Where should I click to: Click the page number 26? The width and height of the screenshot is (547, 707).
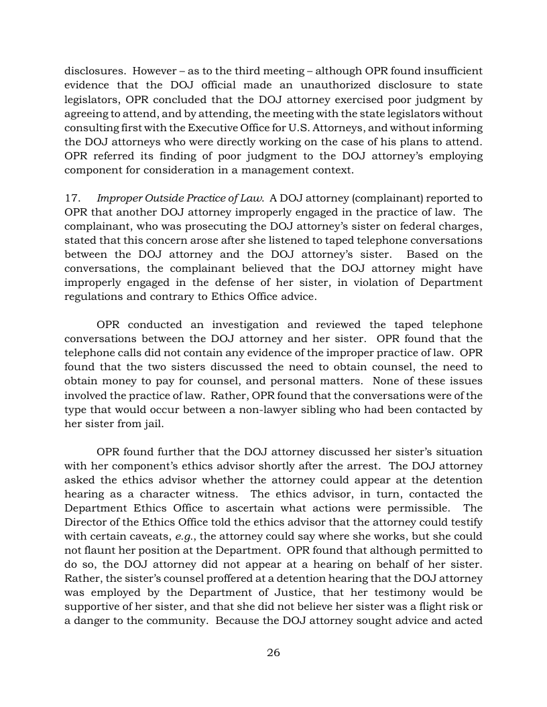(273, 653)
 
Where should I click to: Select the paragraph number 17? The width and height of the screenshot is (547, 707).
(72, 198)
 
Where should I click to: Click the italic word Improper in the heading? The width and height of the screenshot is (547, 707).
(119, 198)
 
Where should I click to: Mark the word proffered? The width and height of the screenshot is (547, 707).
(219, 579)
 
